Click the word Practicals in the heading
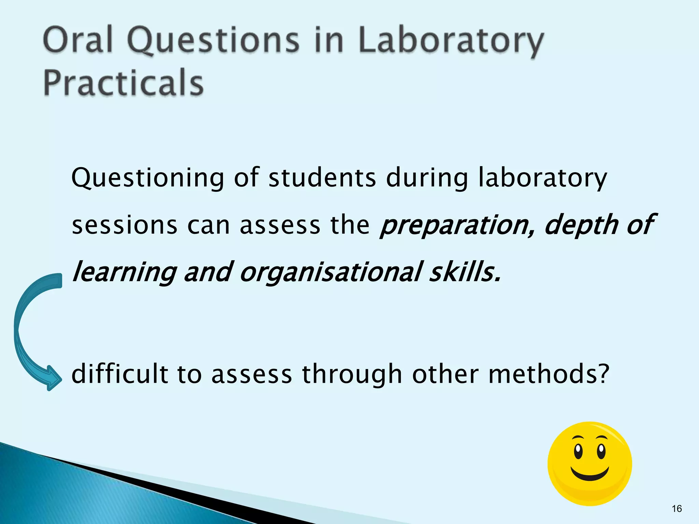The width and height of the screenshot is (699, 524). [x=124, y=83]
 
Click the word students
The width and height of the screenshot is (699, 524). [x=322, y=178]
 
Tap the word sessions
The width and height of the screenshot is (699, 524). [x=125, y=225]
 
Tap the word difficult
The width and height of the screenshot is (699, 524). [x=120, y=374]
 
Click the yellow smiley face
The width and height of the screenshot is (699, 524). [x=590, y=464]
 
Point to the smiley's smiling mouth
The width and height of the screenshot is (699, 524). [x=590, y=476]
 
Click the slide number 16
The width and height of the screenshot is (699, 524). [x=676, y=509]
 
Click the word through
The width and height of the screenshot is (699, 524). [x=352, y=374]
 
